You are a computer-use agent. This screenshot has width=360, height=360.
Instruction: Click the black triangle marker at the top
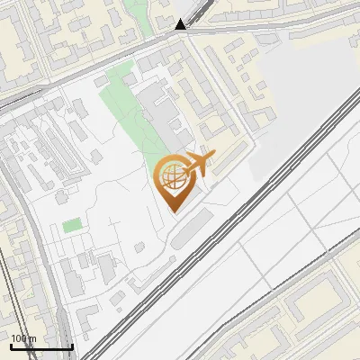pyautogui.click(x=181, y=24)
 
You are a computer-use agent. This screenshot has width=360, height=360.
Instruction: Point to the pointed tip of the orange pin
pyautogui.click(x=175, y=211)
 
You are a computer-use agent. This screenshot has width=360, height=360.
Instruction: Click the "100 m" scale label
pyautogui.click(x=23, y=338)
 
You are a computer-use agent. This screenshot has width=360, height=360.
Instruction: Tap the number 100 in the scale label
pyautogui.click(x=19, y=338)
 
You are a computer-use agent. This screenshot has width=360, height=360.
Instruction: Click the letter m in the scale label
pyautogui.click(x=33, y=338)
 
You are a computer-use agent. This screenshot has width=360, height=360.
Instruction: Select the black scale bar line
pyautogui.click(x=41, y=346)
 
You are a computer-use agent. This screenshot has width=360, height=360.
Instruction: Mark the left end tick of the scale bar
pyautogui.click(x=11, y=345)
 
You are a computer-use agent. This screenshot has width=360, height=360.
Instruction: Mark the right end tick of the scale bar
pyautogui.click(x=72, y=345)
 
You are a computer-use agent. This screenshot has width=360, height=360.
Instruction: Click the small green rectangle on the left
pyautogui.click(x=71, y=225)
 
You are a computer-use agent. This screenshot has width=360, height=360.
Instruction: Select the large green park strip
pyautogui.click(x=126, y=112)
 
